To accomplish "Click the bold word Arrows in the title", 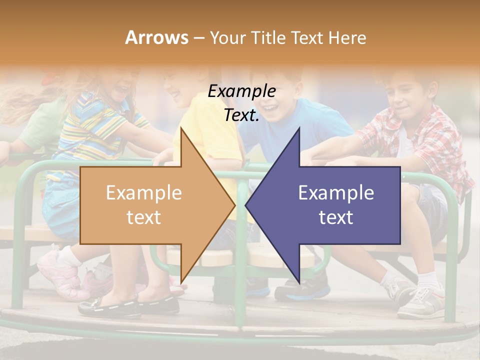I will pyautogui.click(x=156, y=37).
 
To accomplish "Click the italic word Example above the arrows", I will pyautogui.click(x=241, y=91).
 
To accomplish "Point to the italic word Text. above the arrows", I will pyautogui.click(x=241, y=115).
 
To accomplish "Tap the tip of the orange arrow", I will pyautogui.click(x=233, y=205).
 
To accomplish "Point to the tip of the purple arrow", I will pyautogui.click(x=247, y=205).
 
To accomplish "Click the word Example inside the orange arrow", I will pyautogui.click(x=144, y=193).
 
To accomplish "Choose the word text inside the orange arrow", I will pyautogui.click(x=144, y=217).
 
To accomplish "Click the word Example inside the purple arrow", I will pyautogui.click(x=336, y=193).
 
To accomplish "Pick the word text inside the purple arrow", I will pyautogui.click(x=336, y=217).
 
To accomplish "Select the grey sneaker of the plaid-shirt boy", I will pyautogui.click(x=420, y=302).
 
